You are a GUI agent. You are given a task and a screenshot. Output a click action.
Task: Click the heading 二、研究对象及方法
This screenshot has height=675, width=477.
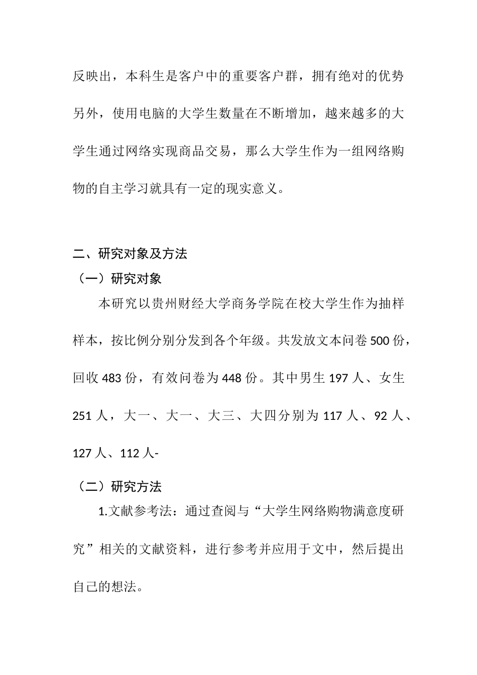point(130,254)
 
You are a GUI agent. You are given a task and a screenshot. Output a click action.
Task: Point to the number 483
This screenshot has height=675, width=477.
point(111,378)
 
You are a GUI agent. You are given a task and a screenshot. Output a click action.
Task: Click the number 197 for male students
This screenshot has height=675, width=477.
point(338,378)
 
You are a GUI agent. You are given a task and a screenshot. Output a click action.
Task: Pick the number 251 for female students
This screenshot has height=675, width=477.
point(83,416)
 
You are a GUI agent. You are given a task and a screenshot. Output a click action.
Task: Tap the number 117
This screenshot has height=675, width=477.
point(332,416)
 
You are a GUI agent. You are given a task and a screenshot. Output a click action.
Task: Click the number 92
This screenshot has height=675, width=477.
point(382,416)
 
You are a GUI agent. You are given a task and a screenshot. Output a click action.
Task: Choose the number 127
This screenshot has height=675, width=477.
point(83,454)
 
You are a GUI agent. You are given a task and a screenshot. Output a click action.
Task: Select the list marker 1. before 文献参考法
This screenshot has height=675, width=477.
point(102,512)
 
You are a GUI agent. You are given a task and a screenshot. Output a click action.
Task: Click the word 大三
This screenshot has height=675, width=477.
point(221,416)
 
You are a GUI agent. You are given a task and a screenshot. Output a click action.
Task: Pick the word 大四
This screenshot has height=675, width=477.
point(263,416)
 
